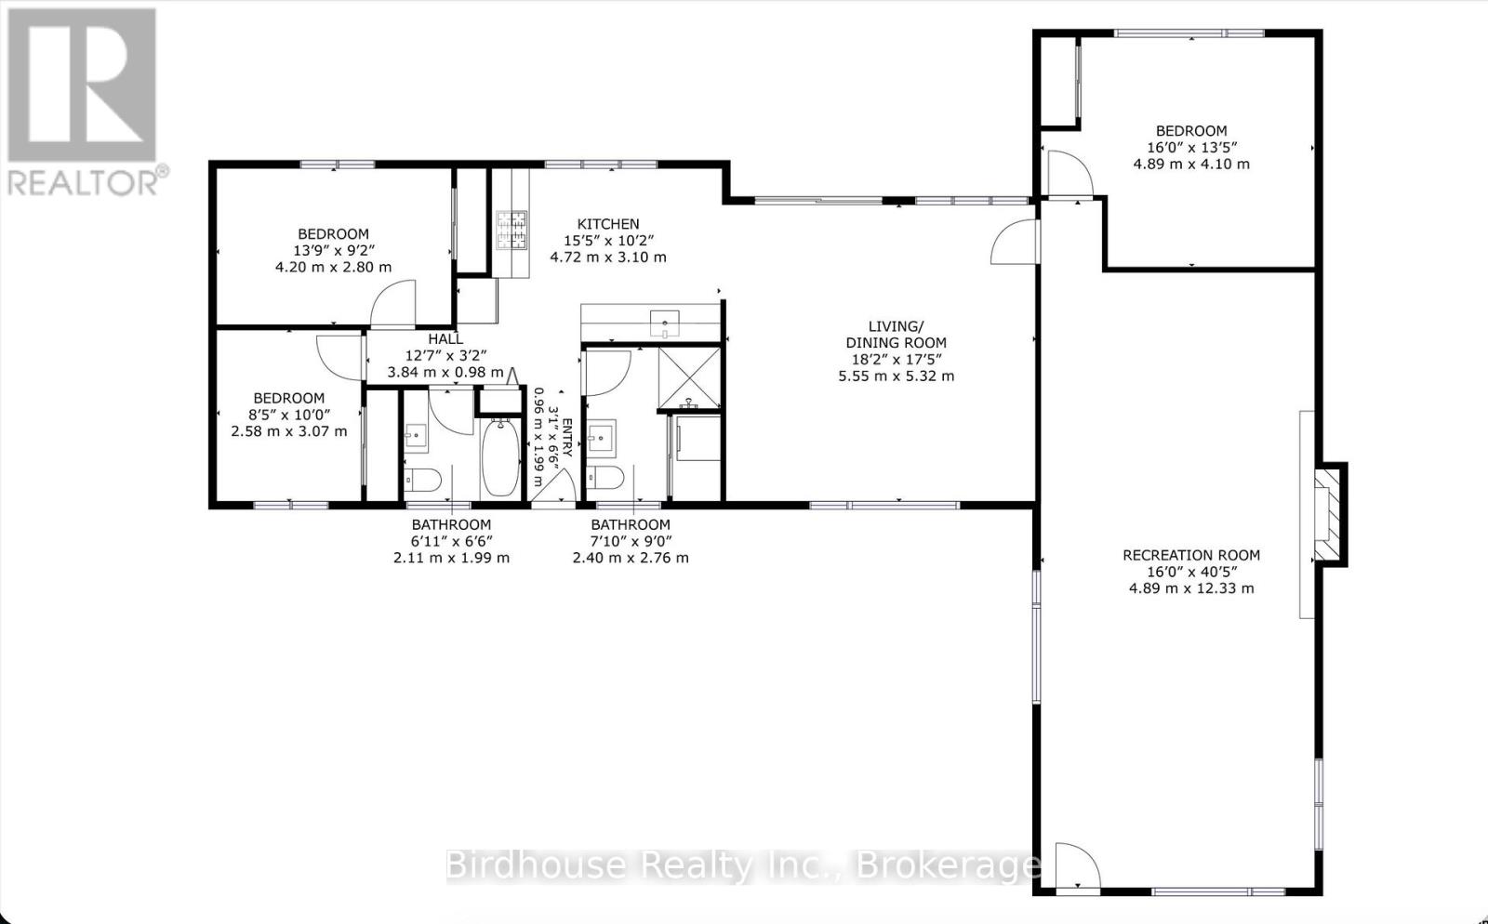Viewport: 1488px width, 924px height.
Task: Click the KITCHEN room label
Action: tap(608, 224)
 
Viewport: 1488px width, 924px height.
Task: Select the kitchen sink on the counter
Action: tap(664, 323)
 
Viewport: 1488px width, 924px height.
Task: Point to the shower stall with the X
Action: tap(689, 377)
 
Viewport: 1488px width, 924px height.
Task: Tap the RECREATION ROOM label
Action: tap(1191, 555)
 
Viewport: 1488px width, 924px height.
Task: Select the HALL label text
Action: tap(445, 339)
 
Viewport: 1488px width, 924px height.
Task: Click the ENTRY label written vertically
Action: tap(567, 438)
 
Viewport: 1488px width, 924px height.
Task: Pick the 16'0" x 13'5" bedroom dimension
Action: tap(1191, 148)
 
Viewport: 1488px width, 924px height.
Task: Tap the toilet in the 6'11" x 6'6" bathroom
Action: tap(423, 480)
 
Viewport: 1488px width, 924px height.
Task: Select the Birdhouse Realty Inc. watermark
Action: tap(743, 865)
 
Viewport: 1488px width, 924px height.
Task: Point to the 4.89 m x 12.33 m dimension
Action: tap(1191, 588)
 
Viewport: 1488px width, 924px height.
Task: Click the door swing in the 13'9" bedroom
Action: tap(392, 303)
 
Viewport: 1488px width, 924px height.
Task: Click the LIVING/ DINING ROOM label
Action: tap(896, 335)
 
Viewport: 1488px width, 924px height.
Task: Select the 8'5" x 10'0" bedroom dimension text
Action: tap(288, 415)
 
